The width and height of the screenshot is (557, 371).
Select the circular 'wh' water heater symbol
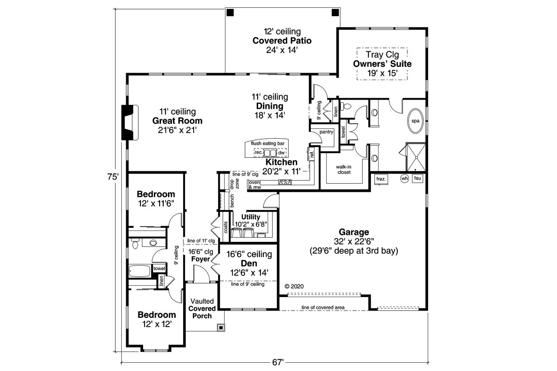404,178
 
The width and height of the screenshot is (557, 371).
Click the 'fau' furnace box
418,178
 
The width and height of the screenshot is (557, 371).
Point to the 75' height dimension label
112,177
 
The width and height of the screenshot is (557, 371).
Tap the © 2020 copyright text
294,286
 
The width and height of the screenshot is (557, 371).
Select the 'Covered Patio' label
282,40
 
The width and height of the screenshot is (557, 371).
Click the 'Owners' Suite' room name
382,64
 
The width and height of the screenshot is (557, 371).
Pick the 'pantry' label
326,132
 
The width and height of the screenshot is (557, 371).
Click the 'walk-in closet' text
343,169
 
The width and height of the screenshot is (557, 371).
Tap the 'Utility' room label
251,217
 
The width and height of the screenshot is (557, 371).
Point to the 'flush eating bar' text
268,143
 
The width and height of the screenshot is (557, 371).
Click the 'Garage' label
354,232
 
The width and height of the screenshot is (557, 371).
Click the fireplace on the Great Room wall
129,122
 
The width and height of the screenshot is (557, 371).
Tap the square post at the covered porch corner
221,328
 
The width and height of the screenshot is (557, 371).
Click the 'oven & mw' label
254,185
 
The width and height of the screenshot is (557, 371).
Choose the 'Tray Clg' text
382,55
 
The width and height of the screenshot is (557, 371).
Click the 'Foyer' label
200,259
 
